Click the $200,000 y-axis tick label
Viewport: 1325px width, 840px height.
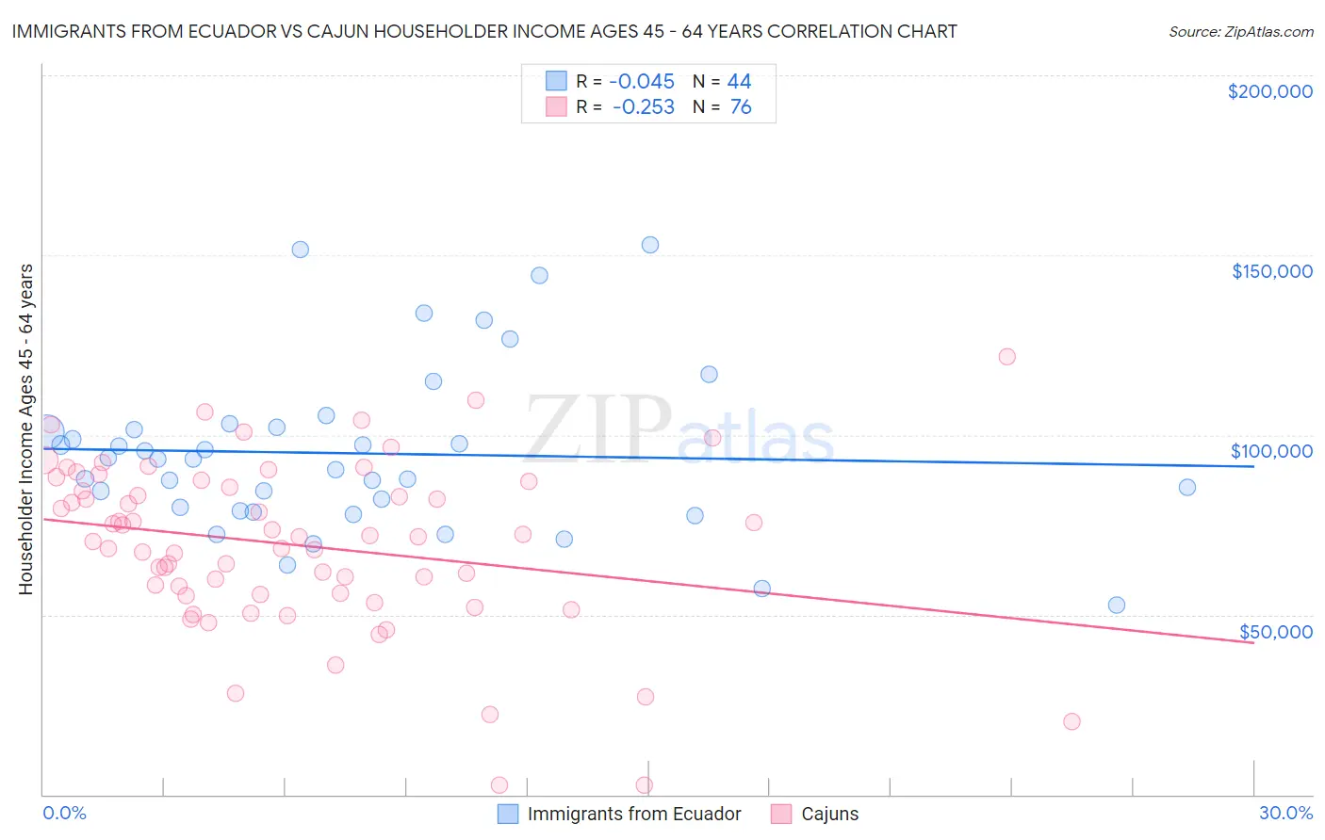click(1269, 91)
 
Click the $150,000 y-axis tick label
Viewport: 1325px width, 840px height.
click(1271, 271)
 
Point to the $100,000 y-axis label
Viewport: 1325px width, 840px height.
click(1271, 451)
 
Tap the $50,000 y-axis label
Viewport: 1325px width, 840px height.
click(1275, 632)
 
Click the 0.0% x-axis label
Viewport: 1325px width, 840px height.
click(64, 813)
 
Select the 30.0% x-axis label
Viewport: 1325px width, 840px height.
click(1285, 813)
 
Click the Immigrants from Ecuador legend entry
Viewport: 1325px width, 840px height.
click(634, 814)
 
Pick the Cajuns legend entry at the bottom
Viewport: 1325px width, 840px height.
click(829, 814)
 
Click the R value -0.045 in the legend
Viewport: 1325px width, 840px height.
click(643, 81)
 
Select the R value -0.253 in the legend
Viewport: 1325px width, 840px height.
click(643, 107)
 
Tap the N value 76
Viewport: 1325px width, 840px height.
click(741, 107)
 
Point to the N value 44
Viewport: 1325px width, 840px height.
click(739, 81)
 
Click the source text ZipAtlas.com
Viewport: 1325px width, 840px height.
click(1240, 31)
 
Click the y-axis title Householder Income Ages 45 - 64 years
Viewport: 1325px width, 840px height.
click(25, 429)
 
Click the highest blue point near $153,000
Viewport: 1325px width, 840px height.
click(650, 245)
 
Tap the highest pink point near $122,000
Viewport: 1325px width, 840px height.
click(1006, 357)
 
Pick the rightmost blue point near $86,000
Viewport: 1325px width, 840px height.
click(1187, 488)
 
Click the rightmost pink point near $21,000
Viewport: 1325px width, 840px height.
click(1071, 721)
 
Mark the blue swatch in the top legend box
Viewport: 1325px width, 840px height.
click(557, 81)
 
